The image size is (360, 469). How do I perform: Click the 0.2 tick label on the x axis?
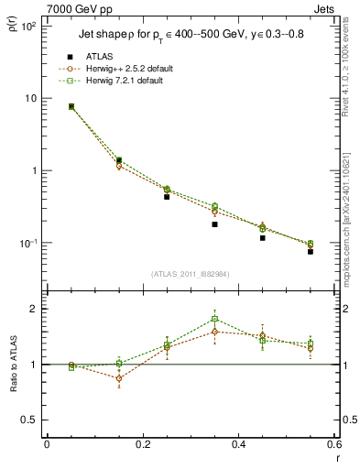(x=142, y=445)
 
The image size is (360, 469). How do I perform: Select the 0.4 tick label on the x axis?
(x=238, y=445)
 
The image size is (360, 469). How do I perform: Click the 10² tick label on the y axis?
(x=28, y=27)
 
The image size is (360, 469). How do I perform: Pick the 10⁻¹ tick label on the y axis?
(x=27, y=244)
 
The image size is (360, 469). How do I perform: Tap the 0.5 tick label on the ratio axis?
(x=29, y=420)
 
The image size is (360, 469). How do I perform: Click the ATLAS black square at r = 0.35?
(x=214, y=224)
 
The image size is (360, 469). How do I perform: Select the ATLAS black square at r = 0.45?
(x=263, y=238)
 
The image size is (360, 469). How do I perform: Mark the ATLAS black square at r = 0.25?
(x=167, y=197)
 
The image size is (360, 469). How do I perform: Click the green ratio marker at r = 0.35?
(x=214, y=320)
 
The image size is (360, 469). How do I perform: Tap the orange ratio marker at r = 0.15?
(x=119, y=377)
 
